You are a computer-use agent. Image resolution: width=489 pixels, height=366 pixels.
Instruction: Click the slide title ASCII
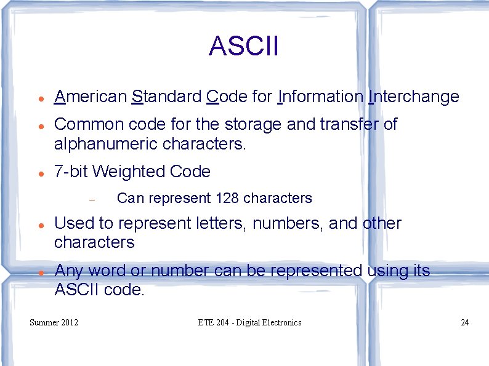[244, 46]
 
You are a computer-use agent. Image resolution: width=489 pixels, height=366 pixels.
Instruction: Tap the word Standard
[167, 97]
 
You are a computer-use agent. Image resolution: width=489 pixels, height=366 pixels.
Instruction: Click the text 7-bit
[71, 172]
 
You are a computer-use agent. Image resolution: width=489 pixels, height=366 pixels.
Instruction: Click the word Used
[73, 223]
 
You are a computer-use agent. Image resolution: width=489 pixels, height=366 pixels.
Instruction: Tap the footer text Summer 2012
[54, 322]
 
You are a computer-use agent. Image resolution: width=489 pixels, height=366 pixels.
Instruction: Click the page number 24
[464, 322]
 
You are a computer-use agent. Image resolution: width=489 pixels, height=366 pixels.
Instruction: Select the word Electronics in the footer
[280, 322]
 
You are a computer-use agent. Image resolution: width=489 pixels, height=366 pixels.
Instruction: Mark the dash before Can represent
[91, 199]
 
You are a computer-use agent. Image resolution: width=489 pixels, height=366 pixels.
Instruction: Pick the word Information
[320, 97]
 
